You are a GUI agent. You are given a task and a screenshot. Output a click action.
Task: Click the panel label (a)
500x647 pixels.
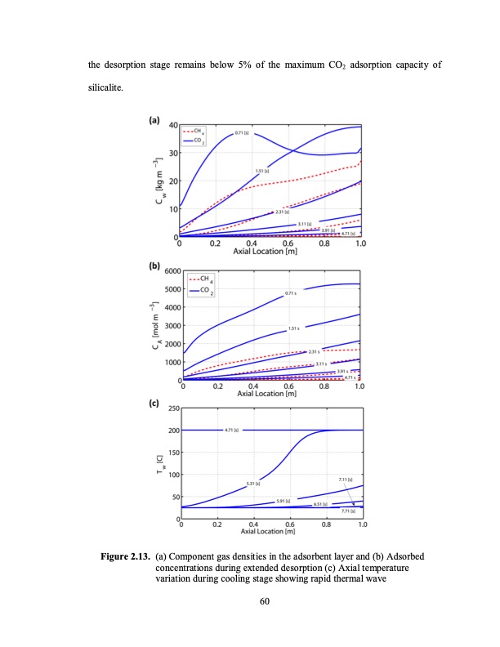[x=154, y=120]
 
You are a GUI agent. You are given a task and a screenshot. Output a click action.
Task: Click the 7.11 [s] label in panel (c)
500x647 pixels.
[x=345, y=479]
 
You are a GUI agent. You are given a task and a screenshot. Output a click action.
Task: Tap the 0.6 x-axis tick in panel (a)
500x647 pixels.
[x=288, y=243]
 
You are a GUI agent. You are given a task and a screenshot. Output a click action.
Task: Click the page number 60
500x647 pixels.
[x=264, y=601]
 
